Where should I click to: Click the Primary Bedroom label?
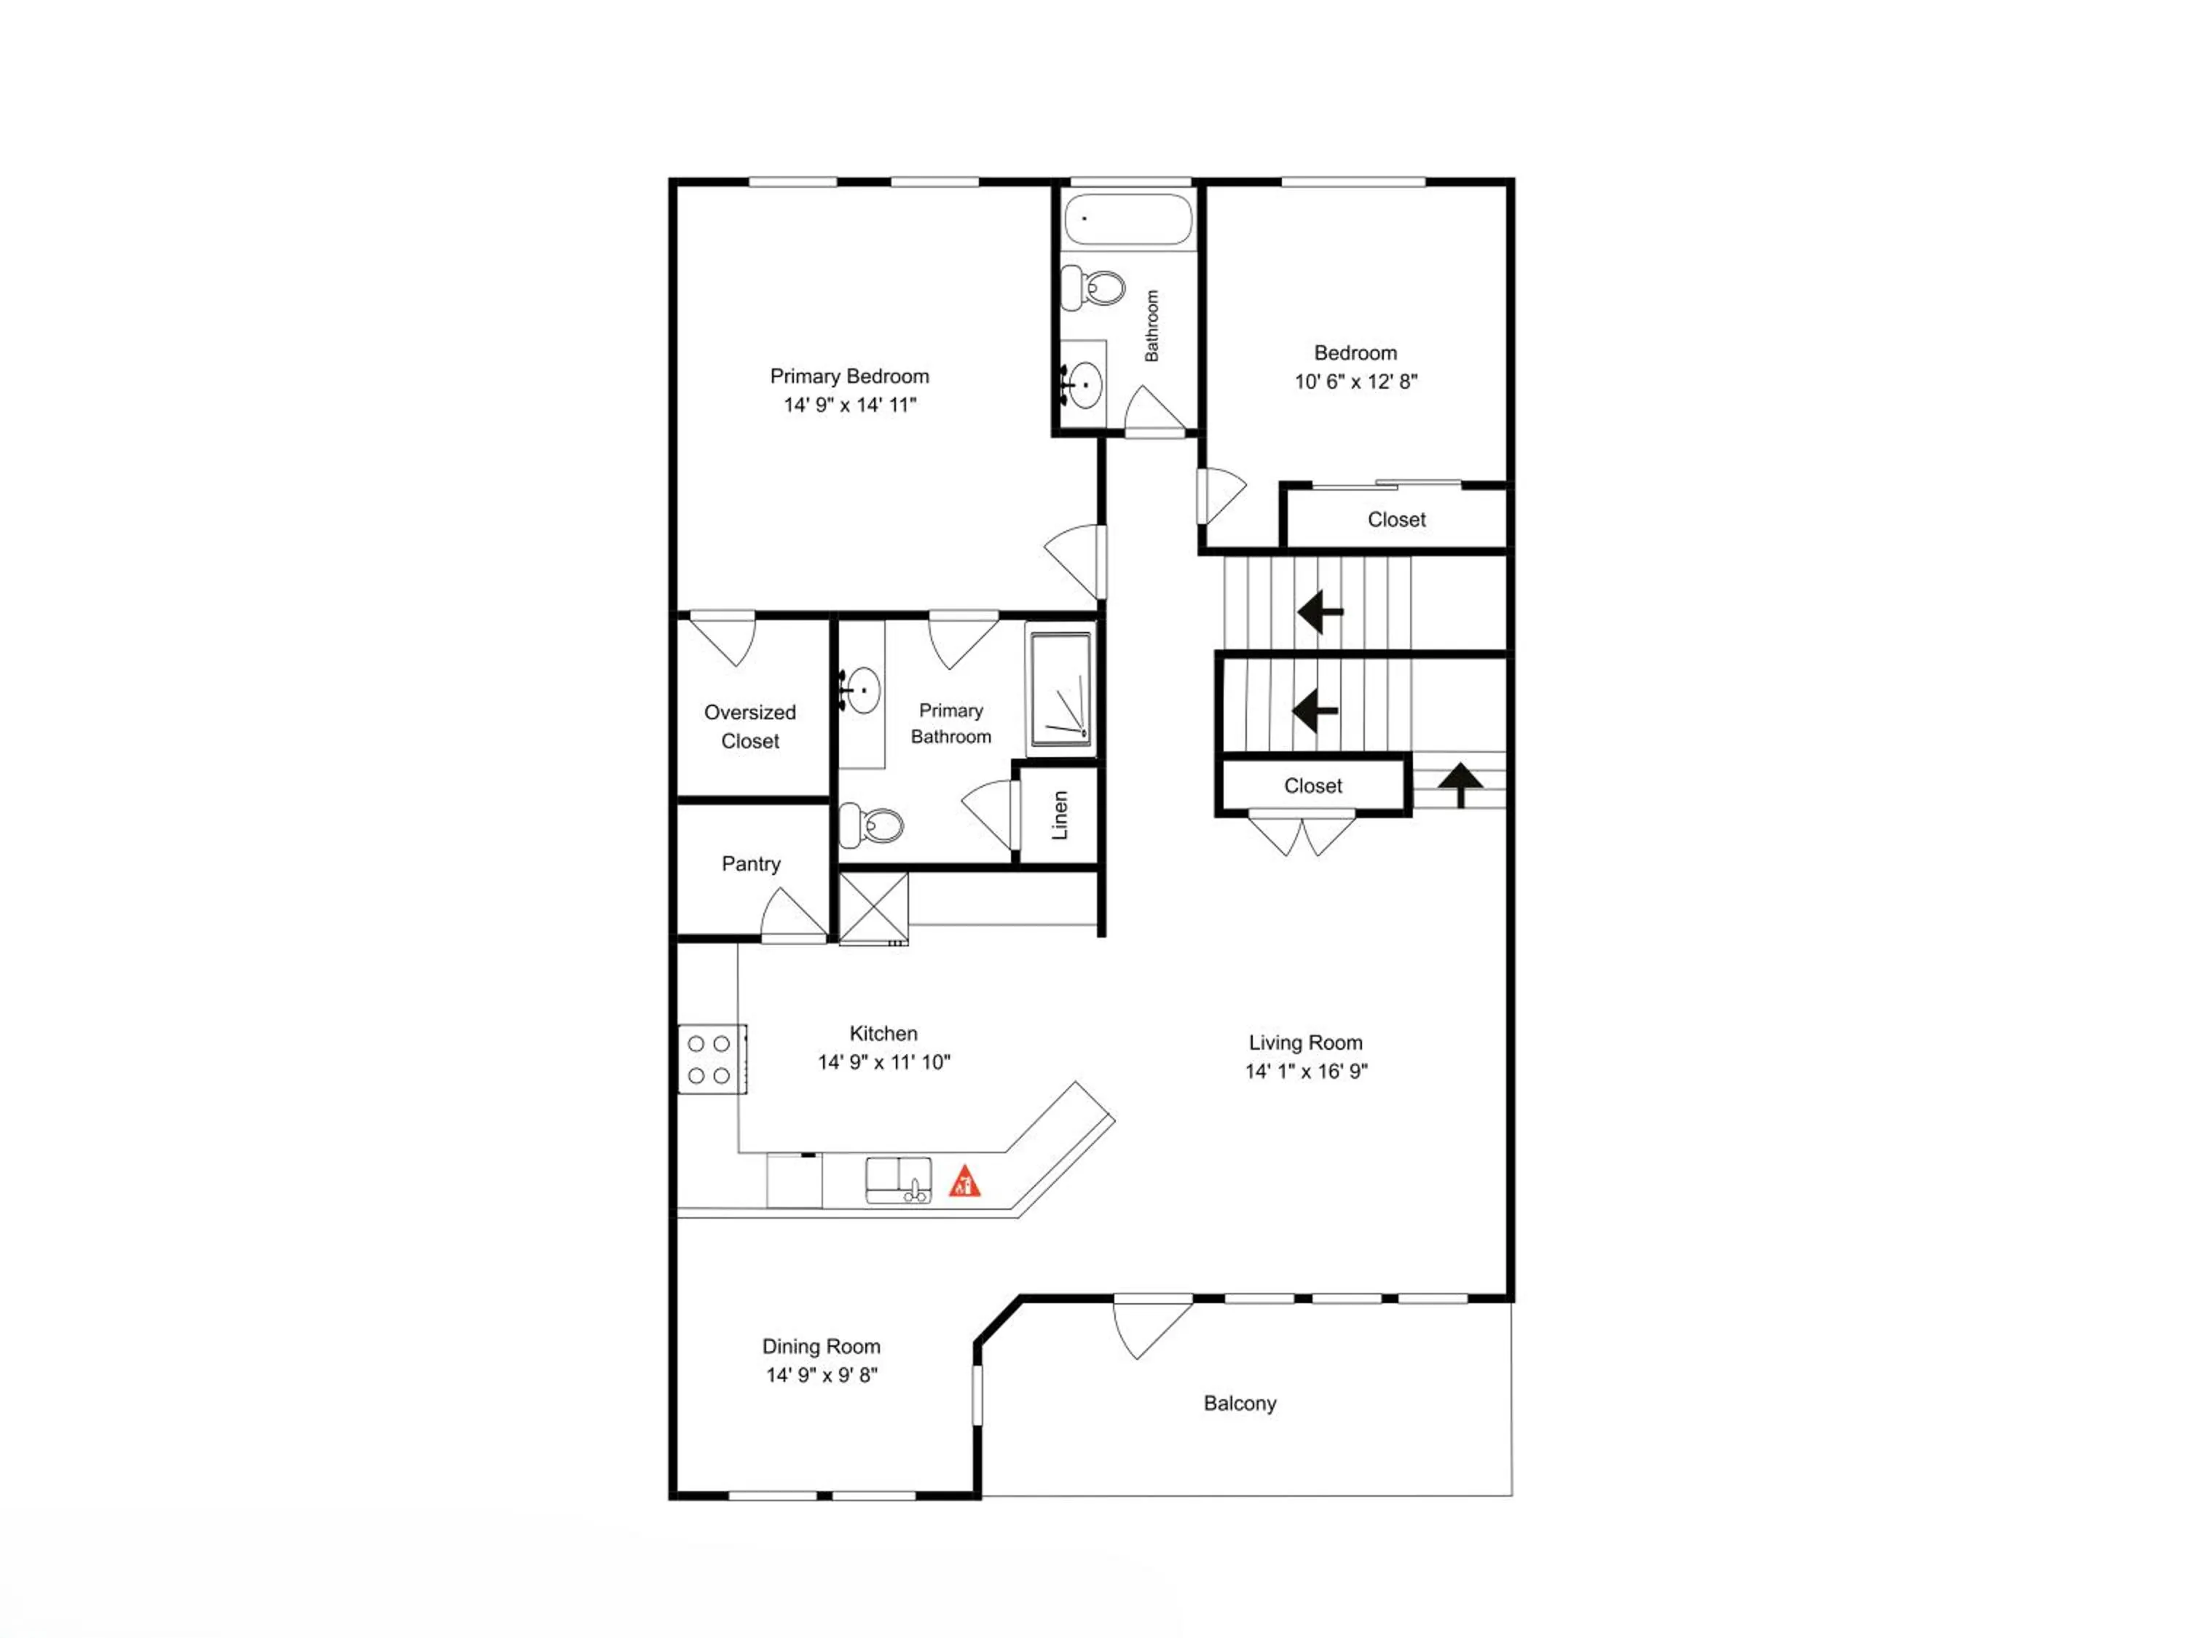point(849,376)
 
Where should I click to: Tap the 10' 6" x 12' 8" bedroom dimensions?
point(1355,381)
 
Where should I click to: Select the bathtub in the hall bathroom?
point(1128,218)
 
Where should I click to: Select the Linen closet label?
point(1060,815)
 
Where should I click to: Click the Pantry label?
point(751,864)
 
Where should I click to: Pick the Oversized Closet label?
point(749,727)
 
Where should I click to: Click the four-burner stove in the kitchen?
point(711,1059)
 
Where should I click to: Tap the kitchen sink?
point(898,1181)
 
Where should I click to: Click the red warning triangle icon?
point(964,1182)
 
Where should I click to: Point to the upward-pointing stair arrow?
point(1460,785)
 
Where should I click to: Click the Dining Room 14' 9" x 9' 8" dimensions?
point(822,1375)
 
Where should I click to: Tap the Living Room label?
point(1305,1042)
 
